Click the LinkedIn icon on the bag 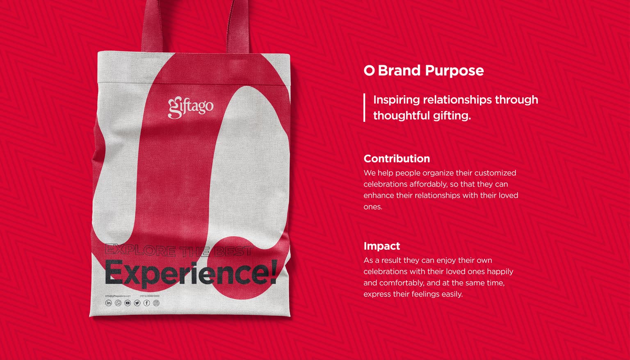[109, 303]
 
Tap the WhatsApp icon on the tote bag [118, 303]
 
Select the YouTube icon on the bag [128, 303]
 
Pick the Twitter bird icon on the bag [137, 303]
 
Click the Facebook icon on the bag [146, 303]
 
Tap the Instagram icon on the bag [156, 303]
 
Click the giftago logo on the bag [191, 107]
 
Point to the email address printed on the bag [118, 296]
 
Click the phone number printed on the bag [150, 296]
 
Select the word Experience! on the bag [191, 273]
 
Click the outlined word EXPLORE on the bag [140, 250]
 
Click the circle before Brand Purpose [369, 71]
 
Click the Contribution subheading [397, 159]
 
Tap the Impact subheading [381, 246]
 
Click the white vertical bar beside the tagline [364, 107]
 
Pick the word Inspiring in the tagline [396, 100]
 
